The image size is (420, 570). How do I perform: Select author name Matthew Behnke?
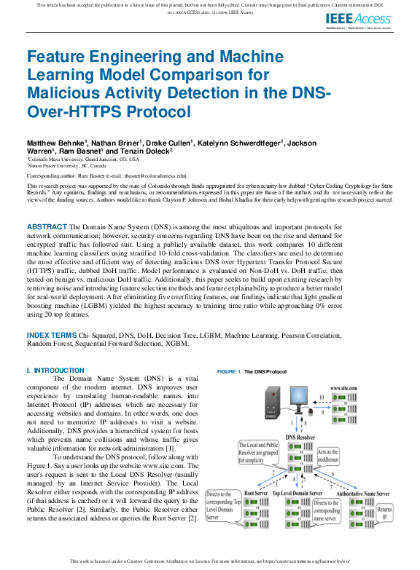[55, 143]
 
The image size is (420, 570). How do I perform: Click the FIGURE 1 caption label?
[229, 371]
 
